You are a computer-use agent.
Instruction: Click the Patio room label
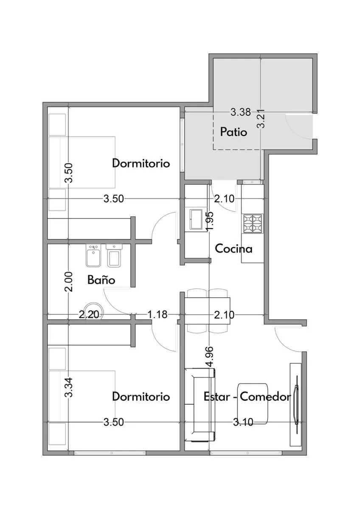(x=233, y=132)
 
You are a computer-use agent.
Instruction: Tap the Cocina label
(x=233, y=249)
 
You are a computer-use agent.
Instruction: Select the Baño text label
(x=101, y=280)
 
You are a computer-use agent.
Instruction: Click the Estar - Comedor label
(x=247, y=397)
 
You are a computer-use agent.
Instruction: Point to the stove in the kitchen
(x=253, y=224)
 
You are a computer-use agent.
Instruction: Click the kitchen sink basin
(x=196, y=219)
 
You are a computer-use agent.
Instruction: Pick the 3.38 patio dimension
(x=241, y=112)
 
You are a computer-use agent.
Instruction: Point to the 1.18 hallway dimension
(x=157, y=315)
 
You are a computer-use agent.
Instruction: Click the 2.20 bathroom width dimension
(x=89, y=315)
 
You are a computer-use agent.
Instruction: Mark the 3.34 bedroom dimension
(x=68, y=387)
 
